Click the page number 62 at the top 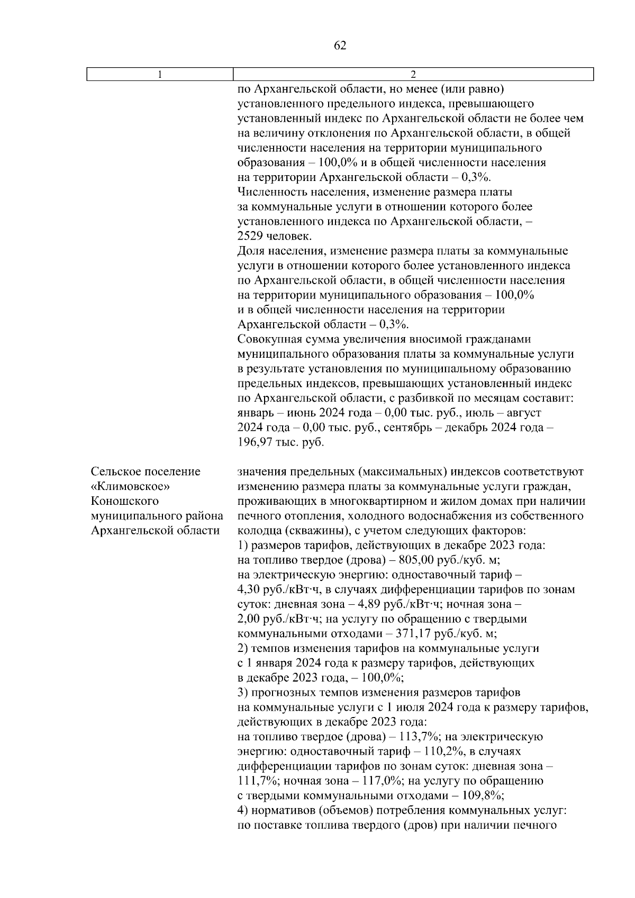(x=340, y=46)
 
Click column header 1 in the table (x=160, y=75)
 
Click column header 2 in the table (x=413, y=75)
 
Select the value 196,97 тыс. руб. (x=280, y=442)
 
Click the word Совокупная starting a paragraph (x=269, y=339)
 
